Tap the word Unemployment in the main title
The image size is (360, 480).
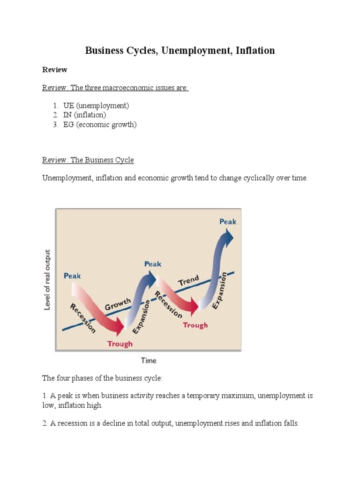193,50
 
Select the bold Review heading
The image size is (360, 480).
55,70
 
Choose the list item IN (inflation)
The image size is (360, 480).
85,115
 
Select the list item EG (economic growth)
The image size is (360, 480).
100,124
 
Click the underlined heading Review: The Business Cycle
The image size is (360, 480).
88,160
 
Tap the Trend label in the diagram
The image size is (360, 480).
188,281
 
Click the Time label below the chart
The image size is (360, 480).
149,360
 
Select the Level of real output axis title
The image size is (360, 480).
47,280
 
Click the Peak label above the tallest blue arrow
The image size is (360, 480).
228,221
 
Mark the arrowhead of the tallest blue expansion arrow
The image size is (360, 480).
229,234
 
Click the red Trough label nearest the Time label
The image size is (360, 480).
120,344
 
